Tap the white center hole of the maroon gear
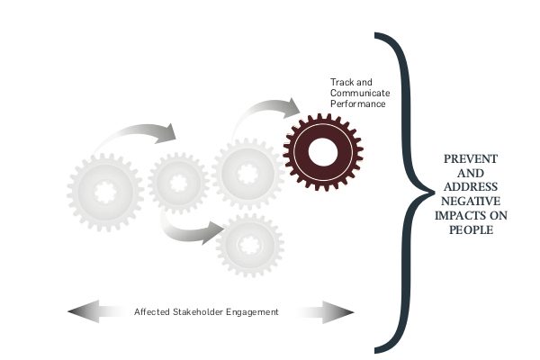click(323, 152)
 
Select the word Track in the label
click(342, 82)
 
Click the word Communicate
click(360, 93)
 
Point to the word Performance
click(358, 104)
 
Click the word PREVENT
click(471, 158)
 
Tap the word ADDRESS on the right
click(471, 186)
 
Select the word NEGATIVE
click(471, 201)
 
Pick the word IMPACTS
click(458, 215)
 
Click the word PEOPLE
click(471, 229)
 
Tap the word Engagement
click(252, 312)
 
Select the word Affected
click(151, 311)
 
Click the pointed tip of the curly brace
click(435, 193)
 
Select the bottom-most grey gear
click(249, 245)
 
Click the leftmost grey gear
click(105, 193)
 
